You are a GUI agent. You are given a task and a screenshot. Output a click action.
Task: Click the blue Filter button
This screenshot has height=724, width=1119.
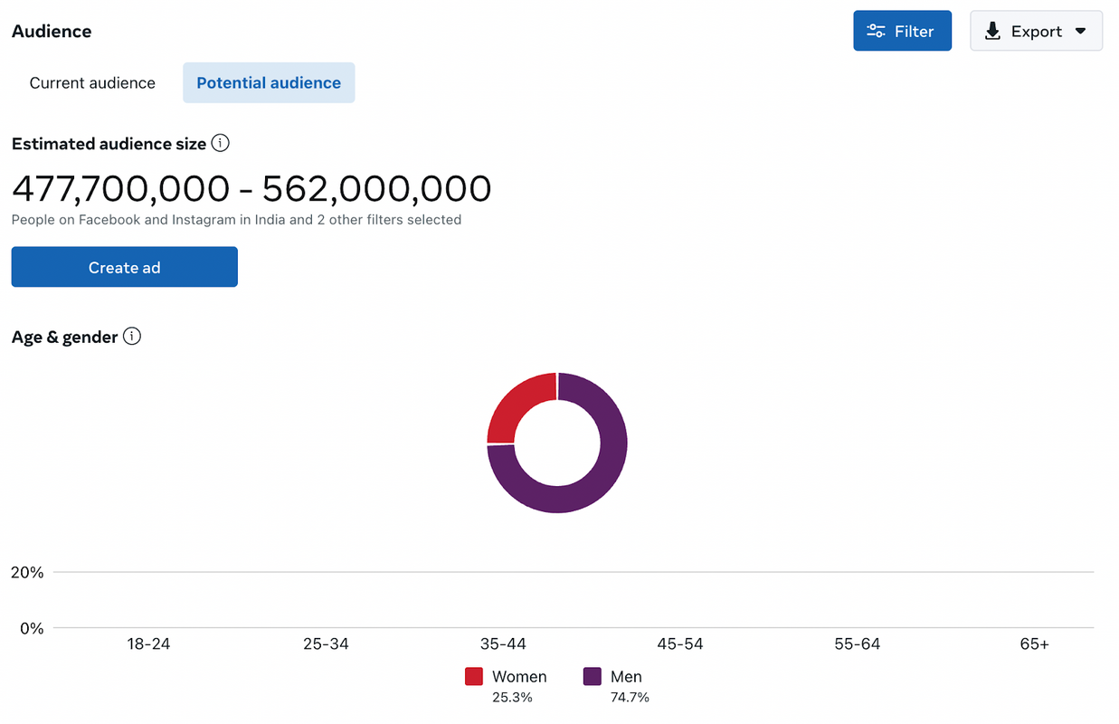pyautogui.click(x=902, y=31)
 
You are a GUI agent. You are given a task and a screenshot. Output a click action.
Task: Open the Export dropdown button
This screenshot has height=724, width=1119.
pyautogui.click(x=1036, y=31)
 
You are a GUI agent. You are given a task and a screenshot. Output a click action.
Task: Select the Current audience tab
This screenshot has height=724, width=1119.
pyautogui.click(x=92, y=82)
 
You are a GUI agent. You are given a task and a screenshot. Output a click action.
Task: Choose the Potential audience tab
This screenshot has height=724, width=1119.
pyautogui.click(x=269, y=82)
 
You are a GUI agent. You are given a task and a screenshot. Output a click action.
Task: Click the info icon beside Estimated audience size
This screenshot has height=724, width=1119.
pyautogui.click(x=220, y=143)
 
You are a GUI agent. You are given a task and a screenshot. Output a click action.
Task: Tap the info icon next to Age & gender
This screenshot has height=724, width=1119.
pyautogui.click(x=132, y=337)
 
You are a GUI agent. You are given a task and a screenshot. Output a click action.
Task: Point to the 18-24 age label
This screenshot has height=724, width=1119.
pyautogui.click(x=148, y=644)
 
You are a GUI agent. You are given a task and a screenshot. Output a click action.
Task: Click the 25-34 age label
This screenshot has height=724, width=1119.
pyautogui.click(x=326, y=644)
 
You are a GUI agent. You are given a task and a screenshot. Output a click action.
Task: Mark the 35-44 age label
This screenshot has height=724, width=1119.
pyautogui.click(x=503, y=644)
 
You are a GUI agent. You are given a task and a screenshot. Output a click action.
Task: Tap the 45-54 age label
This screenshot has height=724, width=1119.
pyautogui.click(x=680, y=644)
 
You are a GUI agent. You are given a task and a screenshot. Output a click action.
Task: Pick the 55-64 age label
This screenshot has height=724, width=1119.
pyautogui.click(x=858, y=644)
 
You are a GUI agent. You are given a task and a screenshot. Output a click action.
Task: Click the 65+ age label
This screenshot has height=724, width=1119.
pyautogui.click(x=1034, y=644)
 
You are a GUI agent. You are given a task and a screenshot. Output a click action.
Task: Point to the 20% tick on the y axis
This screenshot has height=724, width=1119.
pyautogui.click(x=27, y=573)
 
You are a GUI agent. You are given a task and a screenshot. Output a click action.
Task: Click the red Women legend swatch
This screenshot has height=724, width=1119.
pyautogui.click(x=474, y=676)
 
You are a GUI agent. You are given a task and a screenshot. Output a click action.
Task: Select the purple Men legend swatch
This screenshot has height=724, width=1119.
pyautogui.click(x=593, y=676)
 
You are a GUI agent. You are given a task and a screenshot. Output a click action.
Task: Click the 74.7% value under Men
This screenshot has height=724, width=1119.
pyautogui.click(x=630, y=698)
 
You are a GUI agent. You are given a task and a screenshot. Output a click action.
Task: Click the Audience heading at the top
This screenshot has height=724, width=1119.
pyautogui.click(x=52, y=31)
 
